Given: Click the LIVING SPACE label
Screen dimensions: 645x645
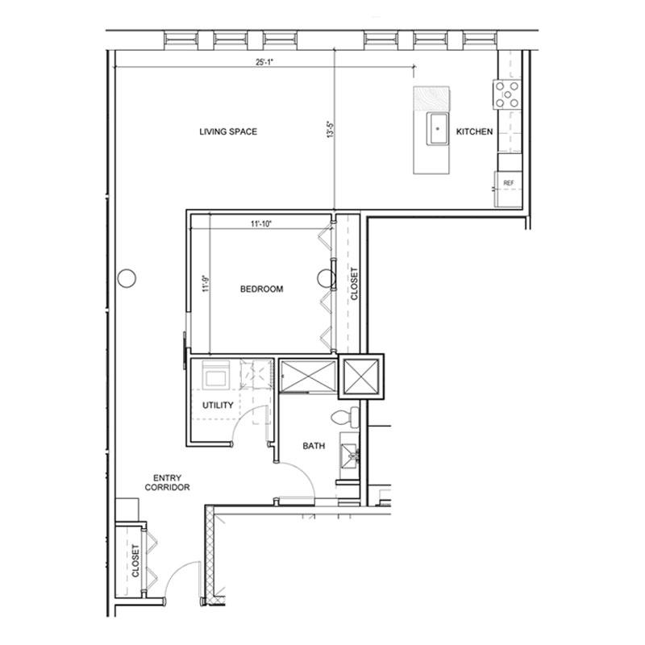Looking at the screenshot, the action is click(228, 131).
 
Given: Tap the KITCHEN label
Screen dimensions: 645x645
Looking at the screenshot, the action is click(474, 131).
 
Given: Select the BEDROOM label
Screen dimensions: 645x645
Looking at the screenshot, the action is click(261, 289).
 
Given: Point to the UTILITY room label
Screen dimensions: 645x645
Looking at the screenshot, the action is click(218, 406).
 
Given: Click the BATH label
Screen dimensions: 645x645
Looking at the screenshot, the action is click(314, 446).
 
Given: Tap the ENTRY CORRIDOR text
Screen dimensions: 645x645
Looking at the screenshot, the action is click(167, 482).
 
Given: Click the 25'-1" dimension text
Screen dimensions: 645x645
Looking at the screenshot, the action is click(264, 62).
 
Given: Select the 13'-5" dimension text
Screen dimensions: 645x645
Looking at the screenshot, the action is click(331, 129).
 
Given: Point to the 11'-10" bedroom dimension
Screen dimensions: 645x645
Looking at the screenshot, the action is click(261, 224).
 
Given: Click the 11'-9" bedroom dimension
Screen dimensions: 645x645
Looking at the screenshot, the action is click(206, 284).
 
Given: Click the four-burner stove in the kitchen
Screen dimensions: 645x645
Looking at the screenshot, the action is click(507, 94).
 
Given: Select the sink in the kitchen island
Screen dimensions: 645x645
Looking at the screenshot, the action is click(437, 129).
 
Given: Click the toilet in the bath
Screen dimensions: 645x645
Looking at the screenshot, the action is click(345, 418).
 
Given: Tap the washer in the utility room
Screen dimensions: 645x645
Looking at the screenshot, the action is click(215, 375).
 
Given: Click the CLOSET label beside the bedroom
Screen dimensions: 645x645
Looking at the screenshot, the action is click(354, 284).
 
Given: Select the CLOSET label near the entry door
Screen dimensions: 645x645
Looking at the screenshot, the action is click(135, 560).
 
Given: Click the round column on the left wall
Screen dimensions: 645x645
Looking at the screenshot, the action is click(127, 278).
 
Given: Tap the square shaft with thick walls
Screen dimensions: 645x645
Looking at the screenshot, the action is click(361, 377).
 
